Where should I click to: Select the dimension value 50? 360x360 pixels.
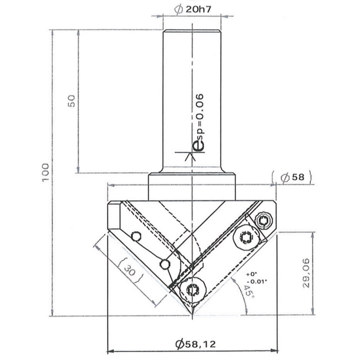[71, 100]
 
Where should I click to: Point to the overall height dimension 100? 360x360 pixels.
[45, 172]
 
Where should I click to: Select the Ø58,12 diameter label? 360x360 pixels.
[193, 344]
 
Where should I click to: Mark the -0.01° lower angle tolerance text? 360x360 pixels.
[255, 281]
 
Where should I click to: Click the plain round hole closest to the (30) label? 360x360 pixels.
[162, 263]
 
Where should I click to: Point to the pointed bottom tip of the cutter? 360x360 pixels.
[191, 315]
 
